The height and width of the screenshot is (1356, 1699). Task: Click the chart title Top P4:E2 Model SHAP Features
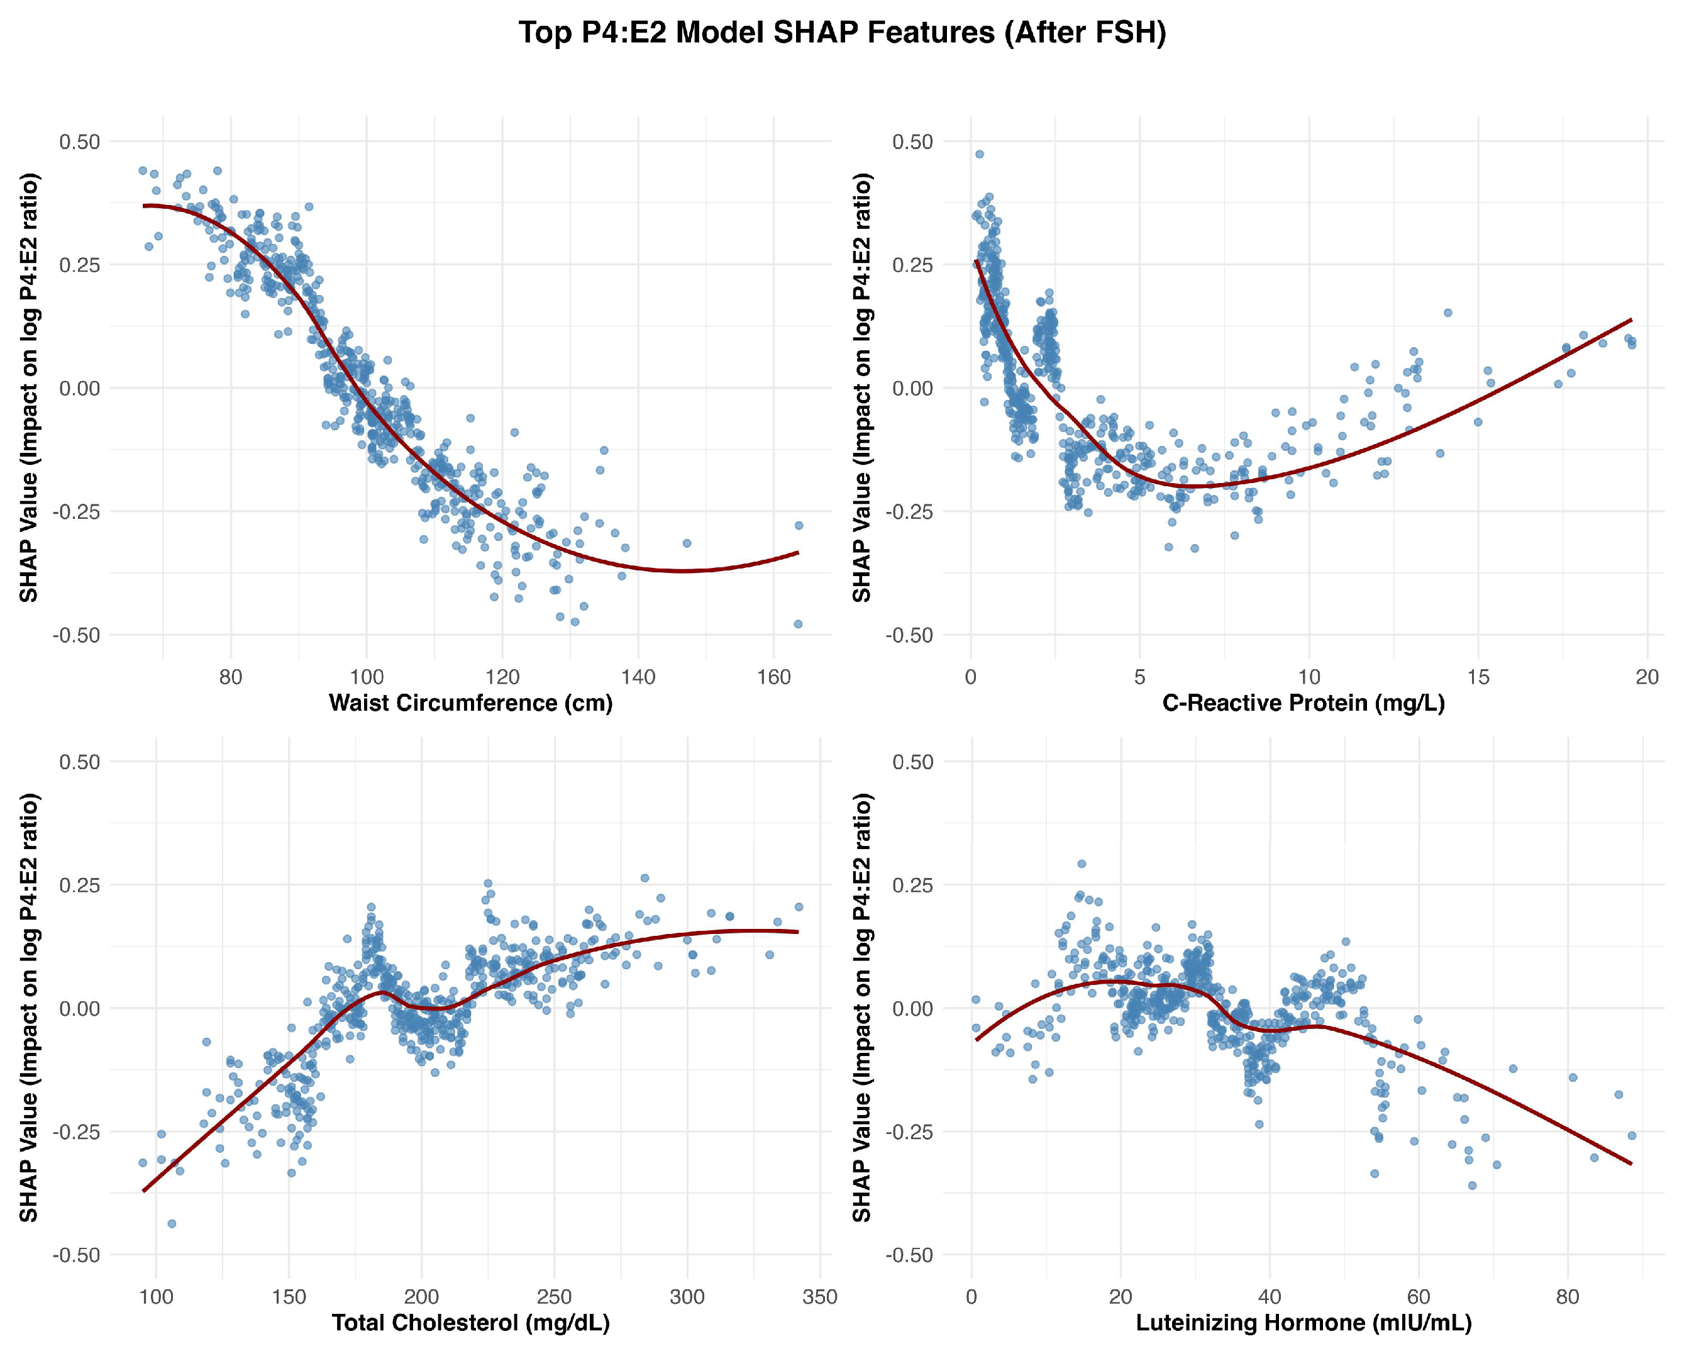point(841,33)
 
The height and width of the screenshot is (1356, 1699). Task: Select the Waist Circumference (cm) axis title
point(470,703)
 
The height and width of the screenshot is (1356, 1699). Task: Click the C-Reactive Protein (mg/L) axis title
point(1303,703)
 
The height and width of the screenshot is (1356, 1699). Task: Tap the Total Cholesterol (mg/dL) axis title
point(470,1322)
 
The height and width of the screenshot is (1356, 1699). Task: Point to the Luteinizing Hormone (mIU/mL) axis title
point(1303,1322)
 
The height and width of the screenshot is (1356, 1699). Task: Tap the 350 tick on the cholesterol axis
point(819,1297)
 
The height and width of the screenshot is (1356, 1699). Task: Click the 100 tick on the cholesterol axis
point(156,1297)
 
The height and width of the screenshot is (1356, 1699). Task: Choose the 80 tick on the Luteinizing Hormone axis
point(1568,1297)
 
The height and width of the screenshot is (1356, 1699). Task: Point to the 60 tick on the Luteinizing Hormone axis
point(1419,1297)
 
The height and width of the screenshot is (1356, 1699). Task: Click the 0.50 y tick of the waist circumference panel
point(80,142)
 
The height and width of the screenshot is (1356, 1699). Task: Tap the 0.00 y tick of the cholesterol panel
point(80,1008)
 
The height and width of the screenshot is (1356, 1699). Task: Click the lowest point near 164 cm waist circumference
point(797,624)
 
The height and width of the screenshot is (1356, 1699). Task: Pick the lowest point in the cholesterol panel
point(172,1223)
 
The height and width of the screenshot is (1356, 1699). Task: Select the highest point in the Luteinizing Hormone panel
point(1082,864)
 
